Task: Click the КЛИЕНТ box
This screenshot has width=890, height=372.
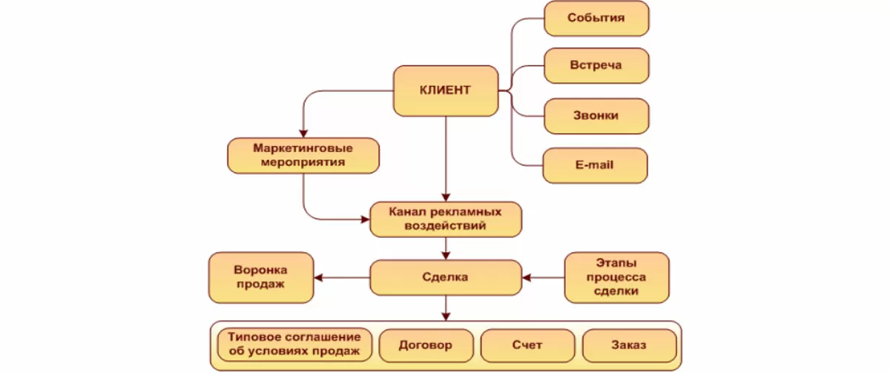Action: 445,90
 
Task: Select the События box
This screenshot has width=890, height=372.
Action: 596,19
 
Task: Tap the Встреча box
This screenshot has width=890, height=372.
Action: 596,65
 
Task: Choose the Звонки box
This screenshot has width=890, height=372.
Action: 596,116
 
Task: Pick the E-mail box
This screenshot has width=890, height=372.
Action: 595,165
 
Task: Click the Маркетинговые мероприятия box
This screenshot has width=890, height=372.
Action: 303,154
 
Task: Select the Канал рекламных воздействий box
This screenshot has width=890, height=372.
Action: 445,219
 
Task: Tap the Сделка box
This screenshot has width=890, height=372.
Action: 445,278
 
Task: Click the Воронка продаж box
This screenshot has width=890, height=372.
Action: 260,278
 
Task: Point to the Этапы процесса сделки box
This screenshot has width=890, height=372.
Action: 616,278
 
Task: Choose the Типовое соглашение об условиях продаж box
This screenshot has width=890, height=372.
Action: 294,344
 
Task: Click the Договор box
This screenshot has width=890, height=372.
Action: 425,345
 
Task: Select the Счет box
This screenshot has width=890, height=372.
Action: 527,345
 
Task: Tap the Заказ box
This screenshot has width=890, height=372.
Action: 629,345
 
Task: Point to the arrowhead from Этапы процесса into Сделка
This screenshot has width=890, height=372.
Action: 527,278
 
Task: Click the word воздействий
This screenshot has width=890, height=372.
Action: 445,226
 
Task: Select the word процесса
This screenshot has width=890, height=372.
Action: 616,278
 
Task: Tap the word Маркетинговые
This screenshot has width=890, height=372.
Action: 303,147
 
